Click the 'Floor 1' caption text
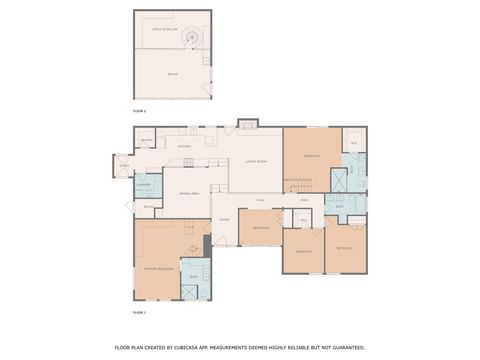click(x=139, y=313)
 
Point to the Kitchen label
click(x=184, y=147)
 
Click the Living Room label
click(x=256, y=160)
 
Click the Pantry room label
click(x=146, y=140)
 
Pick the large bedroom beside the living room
click(x=311, y=157)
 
